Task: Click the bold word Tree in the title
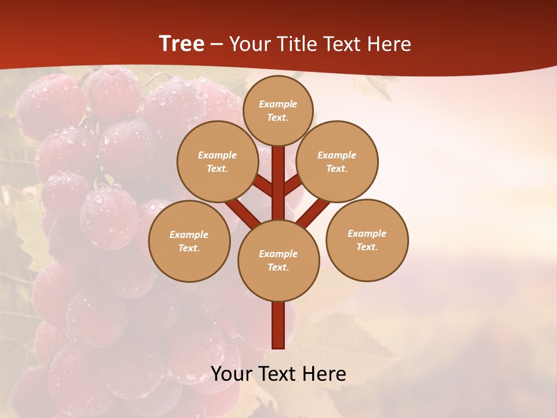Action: pyautogui.click(x=182, y=44)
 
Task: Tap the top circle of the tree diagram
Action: pyautogui.click(x=278, y=110)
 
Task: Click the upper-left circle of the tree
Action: pyautogui.click(x=218, y=161)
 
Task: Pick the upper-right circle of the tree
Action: pyautogui.click(x=337, y=161)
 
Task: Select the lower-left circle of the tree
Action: pyautogui.click(x=189, y=241)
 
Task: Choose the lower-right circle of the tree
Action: pyautogui.click(x=367, y=240)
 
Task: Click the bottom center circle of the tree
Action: pyautogui.click(x=278, y=260)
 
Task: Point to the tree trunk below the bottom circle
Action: pyautogui.click(x=278, y=325)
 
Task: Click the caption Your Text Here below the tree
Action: pyautogui.click(x=278, y=374)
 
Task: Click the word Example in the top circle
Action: pyautogui.click(x=278, y=104)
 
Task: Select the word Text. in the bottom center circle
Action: pyautogui.click(x=278, y=267)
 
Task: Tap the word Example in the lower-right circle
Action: pyautogui.click(x=367, y=233)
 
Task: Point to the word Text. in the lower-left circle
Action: pyautogui.click(x=189, y=248)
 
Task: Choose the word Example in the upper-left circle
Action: pyautogui.click(x=218, y=155)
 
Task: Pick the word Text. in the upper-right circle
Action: pyautogui.click(x=337, y=168)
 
